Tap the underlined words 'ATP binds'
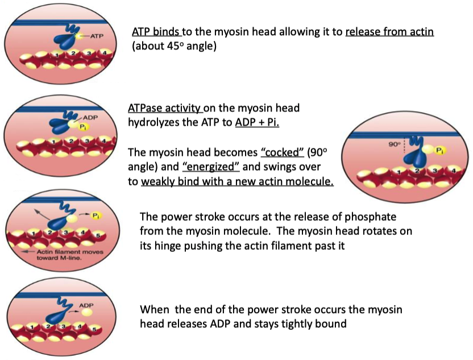tap(156, 32)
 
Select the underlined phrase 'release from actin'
tap(389, 32)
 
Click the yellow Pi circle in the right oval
tap(439, 150)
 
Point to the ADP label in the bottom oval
tap(86, 305)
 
